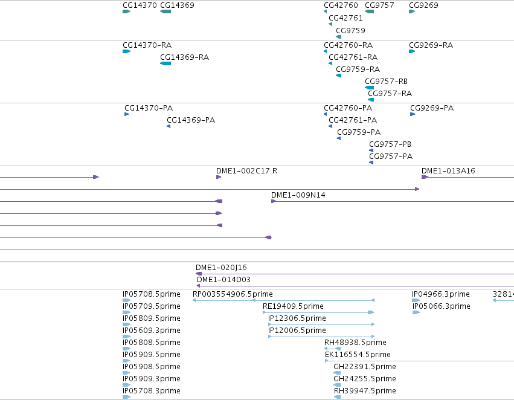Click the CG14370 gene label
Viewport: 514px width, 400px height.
[x=140, y=5]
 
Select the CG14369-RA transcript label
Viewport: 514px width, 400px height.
[x=185, y=57]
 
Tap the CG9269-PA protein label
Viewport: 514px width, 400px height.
[x=432, y=108]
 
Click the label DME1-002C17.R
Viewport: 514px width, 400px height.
[x=246, y=171]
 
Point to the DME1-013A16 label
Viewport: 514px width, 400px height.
[x=448, y=171]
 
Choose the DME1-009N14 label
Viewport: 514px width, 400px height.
[x=298, y=195]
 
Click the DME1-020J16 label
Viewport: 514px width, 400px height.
[x=221, y=268]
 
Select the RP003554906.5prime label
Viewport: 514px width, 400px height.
[x=233, y=294]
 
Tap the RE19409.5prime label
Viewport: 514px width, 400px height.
[x=293, y=306]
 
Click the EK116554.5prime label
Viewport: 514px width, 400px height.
[x=358, y=355]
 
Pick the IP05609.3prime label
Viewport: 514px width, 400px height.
[x=152, y=330]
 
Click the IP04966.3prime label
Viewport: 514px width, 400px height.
[x=441, y=294]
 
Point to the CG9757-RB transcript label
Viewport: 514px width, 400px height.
[x=386, y=82]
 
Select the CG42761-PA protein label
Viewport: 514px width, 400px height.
[x=353, y=120]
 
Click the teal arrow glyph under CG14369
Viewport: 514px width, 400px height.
[x=165, y=11]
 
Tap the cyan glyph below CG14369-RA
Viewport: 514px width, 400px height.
[x=165, y=63]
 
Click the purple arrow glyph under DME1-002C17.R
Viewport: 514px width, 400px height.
[x=219, y=177]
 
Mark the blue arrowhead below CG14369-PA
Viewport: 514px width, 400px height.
[x=169, y=126]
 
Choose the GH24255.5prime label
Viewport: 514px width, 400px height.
[x=365, y=379]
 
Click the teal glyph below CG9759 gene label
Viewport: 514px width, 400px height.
[x=339, y=37]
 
